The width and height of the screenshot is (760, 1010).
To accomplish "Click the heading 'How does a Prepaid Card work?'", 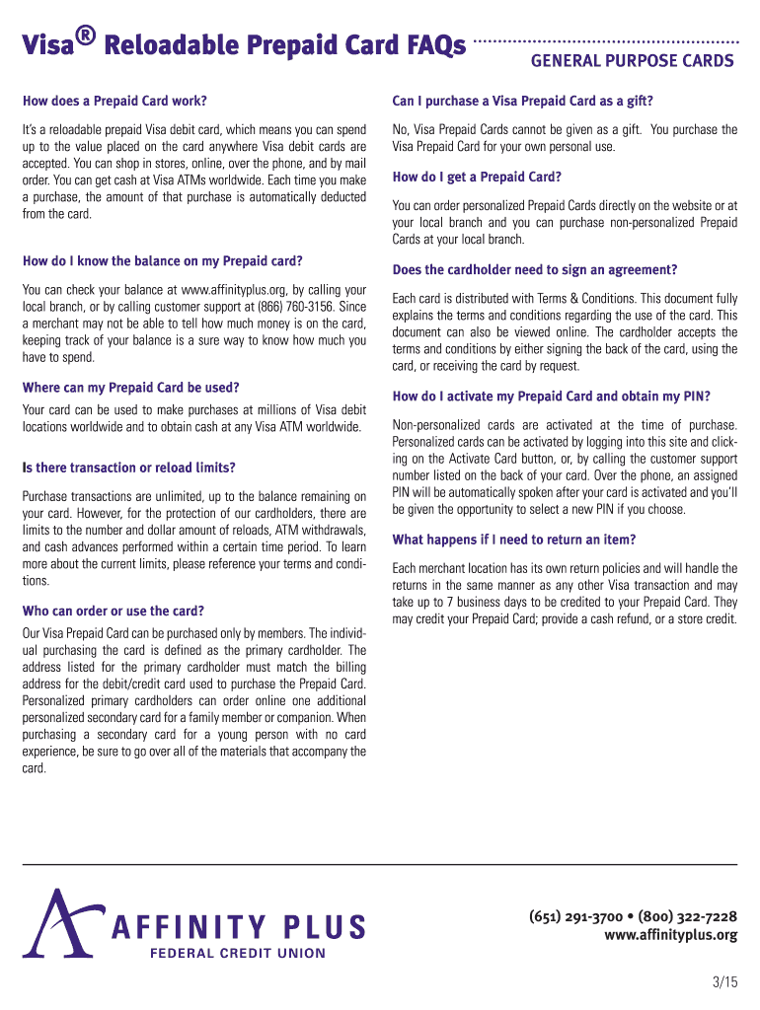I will pyautogui.click(x=114, y=101).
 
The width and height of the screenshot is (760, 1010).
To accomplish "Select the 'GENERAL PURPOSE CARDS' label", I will pyautogui.click(x=633, y=61).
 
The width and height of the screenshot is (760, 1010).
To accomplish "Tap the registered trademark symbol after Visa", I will pyautogui.click(x=86, y=36).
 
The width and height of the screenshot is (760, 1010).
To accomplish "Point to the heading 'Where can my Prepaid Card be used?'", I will pyautogui.click(x=131, y=387).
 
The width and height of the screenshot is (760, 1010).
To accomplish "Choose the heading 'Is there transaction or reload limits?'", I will pyautogui.click(x=129, y=468).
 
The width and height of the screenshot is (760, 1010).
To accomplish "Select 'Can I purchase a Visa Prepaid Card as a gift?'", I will pyautogui.click(x=523, y=101).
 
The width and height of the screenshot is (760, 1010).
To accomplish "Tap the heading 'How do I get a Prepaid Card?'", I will pyautogui.click(x=477, y=178).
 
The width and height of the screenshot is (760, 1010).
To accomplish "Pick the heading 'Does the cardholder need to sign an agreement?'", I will pyautogui.click(x=535, y=270).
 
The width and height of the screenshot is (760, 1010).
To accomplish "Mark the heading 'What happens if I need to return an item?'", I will pyautogui.click(x=514, y=540).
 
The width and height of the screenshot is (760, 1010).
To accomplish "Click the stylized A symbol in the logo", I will pyautogui.click(x=60, y=921).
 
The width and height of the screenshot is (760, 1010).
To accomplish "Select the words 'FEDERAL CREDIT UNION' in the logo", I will pyautogui.click(x=237, y=953).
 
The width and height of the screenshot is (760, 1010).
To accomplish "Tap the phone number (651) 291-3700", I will pyautogui.click(x=574, y=917).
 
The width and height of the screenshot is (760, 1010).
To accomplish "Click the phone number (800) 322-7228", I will pyautogui.click(x=688, y=917).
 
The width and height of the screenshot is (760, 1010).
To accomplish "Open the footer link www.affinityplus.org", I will pyautogui.click(x=670, y=935).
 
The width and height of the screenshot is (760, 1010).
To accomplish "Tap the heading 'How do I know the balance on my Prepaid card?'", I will pyautogui.click(x=162, y=261).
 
